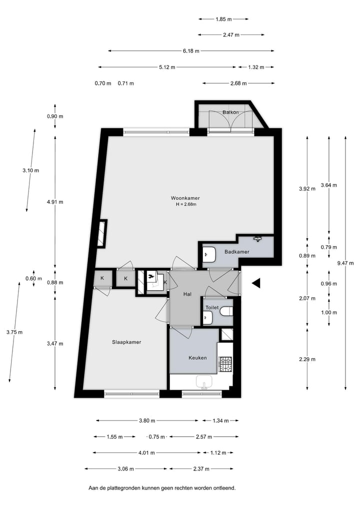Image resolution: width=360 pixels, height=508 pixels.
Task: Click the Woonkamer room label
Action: pyautogui.click(x=185, y=198)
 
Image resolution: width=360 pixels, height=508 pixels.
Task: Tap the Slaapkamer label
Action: pyautogui.click(x=126, y=342)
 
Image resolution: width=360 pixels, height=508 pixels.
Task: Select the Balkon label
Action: pyautogui.click(x=230, y=112)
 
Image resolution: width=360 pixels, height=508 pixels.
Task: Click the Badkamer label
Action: pyautogui.click(x=237, y=252)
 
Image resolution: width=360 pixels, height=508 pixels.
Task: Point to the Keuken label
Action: pyautogui.click(x=197, y=358)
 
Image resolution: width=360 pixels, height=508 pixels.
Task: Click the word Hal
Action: pyautogui.click(x=187, y=294)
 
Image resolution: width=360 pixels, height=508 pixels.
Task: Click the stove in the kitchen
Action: pyautogui.click(x=225, y=364)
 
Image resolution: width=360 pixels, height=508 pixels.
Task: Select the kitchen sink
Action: pyautogui.click(x=204, y=382)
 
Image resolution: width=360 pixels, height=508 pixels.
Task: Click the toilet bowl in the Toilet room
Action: pyautogui.click(x=226, y=311)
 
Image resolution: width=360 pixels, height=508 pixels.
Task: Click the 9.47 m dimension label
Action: pyautogui.click(x=345, y=263)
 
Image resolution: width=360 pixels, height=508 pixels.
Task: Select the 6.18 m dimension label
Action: pyautogui.click(x=191, y=51)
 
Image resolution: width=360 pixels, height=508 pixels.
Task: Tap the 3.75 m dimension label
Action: pyautogui.click(x=14, y=332)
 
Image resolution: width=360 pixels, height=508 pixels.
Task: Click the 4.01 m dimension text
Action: pyautogui.click(x=146, y=453)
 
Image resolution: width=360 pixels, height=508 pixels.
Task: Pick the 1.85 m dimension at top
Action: pyautogui.click(x=224, y=19)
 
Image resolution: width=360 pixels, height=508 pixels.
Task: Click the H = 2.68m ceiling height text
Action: pyautogui.click(x=186, y=204)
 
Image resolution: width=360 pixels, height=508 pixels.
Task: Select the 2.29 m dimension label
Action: pyautogui.click(x=307, y=359)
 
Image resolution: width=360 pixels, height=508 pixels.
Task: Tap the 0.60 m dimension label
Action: pyautogui.click(x=33, y=278)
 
